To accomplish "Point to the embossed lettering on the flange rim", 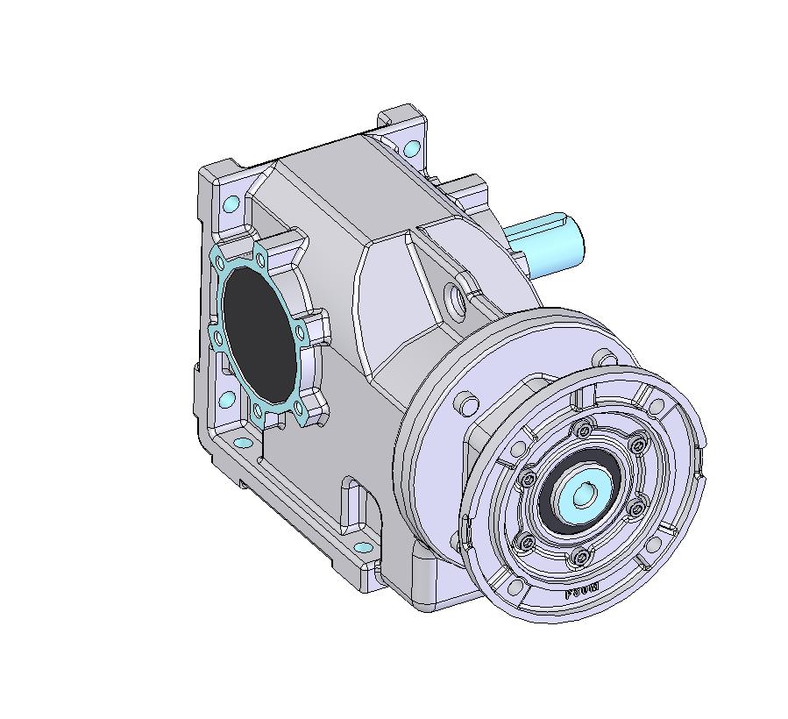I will [582, 590].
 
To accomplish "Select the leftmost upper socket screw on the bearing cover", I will [529, 480].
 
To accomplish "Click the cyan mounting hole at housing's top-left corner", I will [231, 205].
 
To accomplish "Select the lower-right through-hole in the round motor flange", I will [652, 547].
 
